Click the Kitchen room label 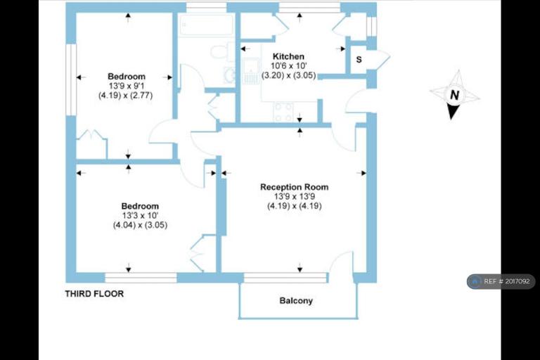click(288, 56)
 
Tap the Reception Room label click(294, 187)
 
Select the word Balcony click(296, 301)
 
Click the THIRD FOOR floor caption click(94, 294)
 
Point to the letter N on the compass click(455, 95)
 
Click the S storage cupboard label click(359, 60)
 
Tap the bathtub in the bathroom click(206, 25)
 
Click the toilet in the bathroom click(222, 51)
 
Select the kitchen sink click(252, 70)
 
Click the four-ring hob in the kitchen click(283, 112)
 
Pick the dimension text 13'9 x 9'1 click(127, 86)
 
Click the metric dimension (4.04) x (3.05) click(140, 225)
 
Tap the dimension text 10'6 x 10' click(288, 66)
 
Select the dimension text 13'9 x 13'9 click(295, 196)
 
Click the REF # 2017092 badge click(501, 281)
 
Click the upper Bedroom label click(127, 77)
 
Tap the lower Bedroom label click(140, 206)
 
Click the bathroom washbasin click(229, 74)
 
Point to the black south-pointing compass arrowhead click(453, 112)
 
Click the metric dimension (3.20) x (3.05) click(288, 75)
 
